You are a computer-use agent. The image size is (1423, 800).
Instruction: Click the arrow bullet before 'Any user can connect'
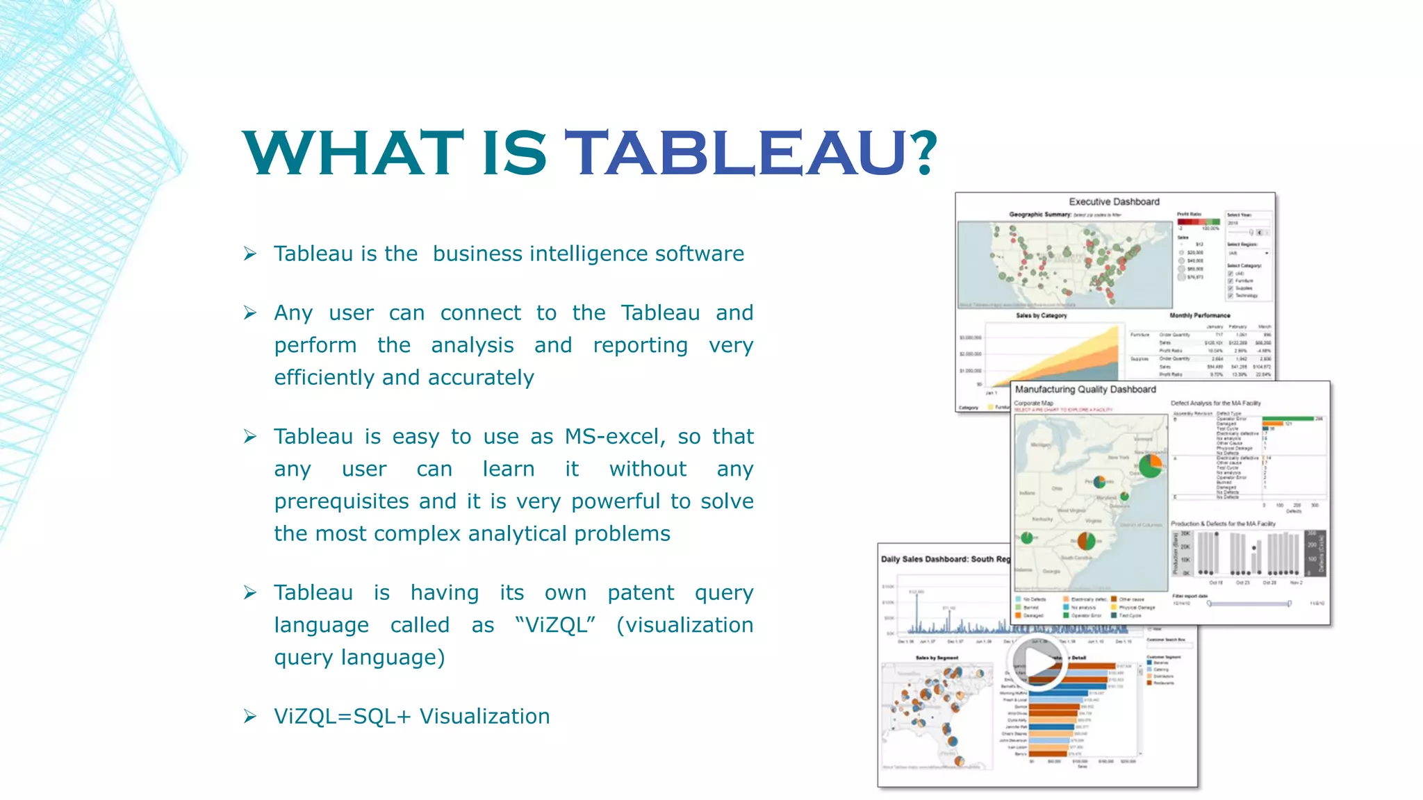coord(250,313)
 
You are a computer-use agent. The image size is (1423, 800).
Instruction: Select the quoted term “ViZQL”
coord(555,625)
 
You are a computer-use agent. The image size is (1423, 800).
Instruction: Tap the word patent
coord(641,593)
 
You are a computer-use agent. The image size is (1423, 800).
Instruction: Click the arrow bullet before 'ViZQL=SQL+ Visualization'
coord(250,717)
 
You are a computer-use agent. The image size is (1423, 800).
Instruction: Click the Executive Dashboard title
coord(1114,202)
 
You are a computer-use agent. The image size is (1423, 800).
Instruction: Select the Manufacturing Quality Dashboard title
coord(1085,390)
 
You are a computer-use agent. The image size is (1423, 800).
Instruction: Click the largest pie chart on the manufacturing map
coord(1151,465)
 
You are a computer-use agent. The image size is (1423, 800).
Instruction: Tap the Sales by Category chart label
coord(1041,316)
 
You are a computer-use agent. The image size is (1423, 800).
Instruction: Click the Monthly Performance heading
coord(1199,316)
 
